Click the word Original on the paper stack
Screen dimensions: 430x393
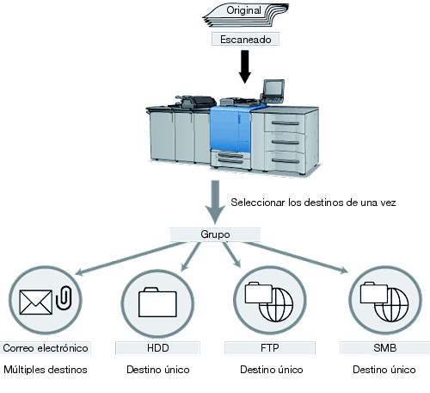click(243, 10)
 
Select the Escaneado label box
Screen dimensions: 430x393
click(245, 39)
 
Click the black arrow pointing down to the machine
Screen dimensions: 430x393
click(245, 66)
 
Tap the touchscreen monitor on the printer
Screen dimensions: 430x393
click(273, 88)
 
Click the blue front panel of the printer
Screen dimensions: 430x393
click(230, 128)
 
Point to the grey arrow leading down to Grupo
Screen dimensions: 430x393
click(215, 202)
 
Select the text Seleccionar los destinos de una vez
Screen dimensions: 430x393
click(313, 203)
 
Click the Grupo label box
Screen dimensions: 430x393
click(215, 234)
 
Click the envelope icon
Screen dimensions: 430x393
click(36, 302)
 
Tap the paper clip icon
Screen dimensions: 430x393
click(64, 297)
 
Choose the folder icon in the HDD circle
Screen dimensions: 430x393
click(157, 302)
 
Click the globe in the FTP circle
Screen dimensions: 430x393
click(276, 304)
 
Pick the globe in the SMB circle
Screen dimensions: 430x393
click(391, 304)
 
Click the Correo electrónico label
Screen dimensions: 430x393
click(46, 348)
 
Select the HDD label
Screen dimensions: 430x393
click(157, 348)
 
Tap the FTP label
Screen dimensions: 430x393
click(270, 348)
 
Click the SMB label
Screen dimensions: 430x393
click(385, 348)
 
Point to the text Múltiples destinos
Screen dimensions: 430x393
click(46, 370)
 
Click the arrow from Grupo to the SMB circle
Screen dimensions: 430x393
click(296, 258)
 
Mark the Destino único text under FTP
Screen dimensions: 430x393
click(272, 370)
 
